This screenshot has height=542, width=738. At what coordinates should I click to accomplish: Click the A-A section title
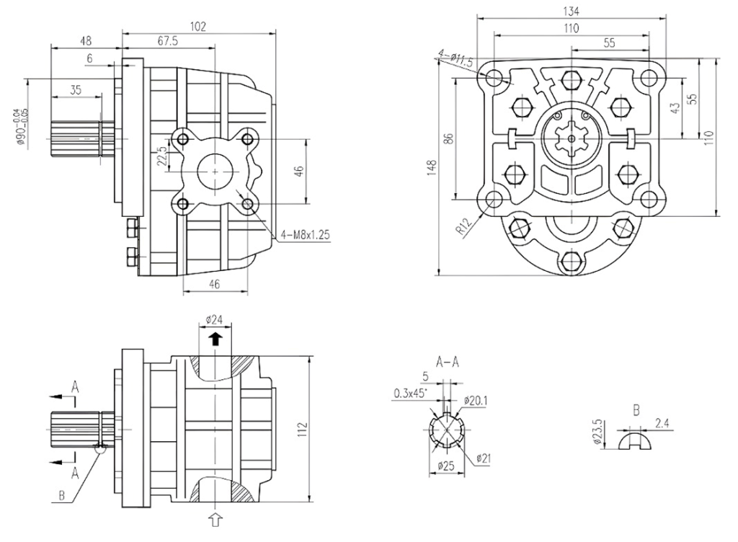(x=448, y=362)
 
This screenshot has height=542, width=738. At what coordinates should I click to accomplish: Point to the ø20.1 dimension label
(x=477, y=400)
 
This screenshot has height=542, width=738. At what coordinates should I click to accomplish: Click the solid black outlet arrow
(x=215, y=339)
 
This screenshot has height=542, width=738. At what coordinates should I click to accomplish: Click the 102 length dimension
(x=198, y=27)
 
